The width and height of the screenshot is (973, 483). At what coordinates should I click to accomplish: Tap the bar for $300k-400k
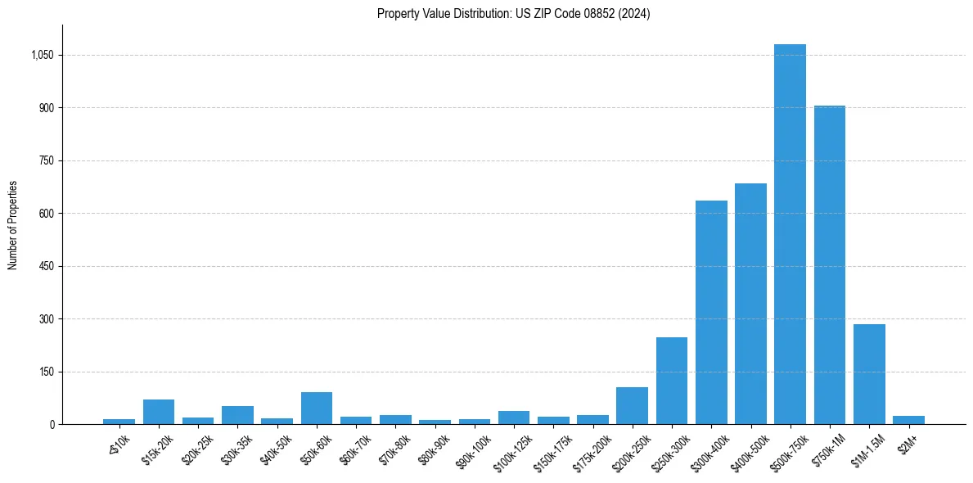(711, 312)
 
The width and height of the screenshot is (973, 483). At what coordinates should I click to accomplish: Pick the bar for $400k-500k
(750, 304)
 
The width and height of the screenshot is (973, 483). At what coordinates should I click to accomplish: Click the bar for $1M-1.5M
(869, 374)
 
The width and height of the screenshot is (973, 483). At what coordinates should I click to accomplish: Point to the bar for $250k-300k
(672, 381)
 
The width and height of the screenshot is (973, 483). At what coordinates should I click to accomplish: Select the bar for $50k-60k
(317, 409)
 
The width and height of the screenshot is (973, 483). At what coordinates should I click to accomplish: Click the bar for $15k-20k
(159, 412)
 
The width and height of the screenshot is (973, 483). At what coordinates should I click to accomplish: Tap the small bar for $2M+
(908, 420)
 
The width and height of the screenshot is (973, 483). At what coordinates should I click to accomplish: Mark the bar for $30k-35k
(237, 415)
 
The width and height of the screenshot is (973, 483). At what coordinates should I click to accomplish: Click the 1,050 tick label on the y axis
(41, 56)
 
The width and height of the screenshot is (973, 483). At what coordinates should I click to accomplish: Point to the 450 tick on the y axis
(46, 267)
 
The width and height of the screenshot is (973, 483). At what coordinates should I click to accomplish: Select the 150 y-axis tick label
(46, 372)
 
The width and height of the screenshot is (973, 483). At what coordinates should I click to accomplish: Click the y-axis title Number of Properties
(13, 225)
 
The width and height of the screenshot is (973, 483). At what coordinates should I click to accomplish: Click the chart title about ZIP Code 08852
(513, 14)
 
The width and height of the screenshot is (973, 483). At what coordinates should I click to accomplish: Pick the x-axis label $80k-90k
(434, 450)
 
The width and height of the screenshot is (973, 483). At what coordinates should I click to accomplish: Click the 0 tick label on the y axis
(51, 425)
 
